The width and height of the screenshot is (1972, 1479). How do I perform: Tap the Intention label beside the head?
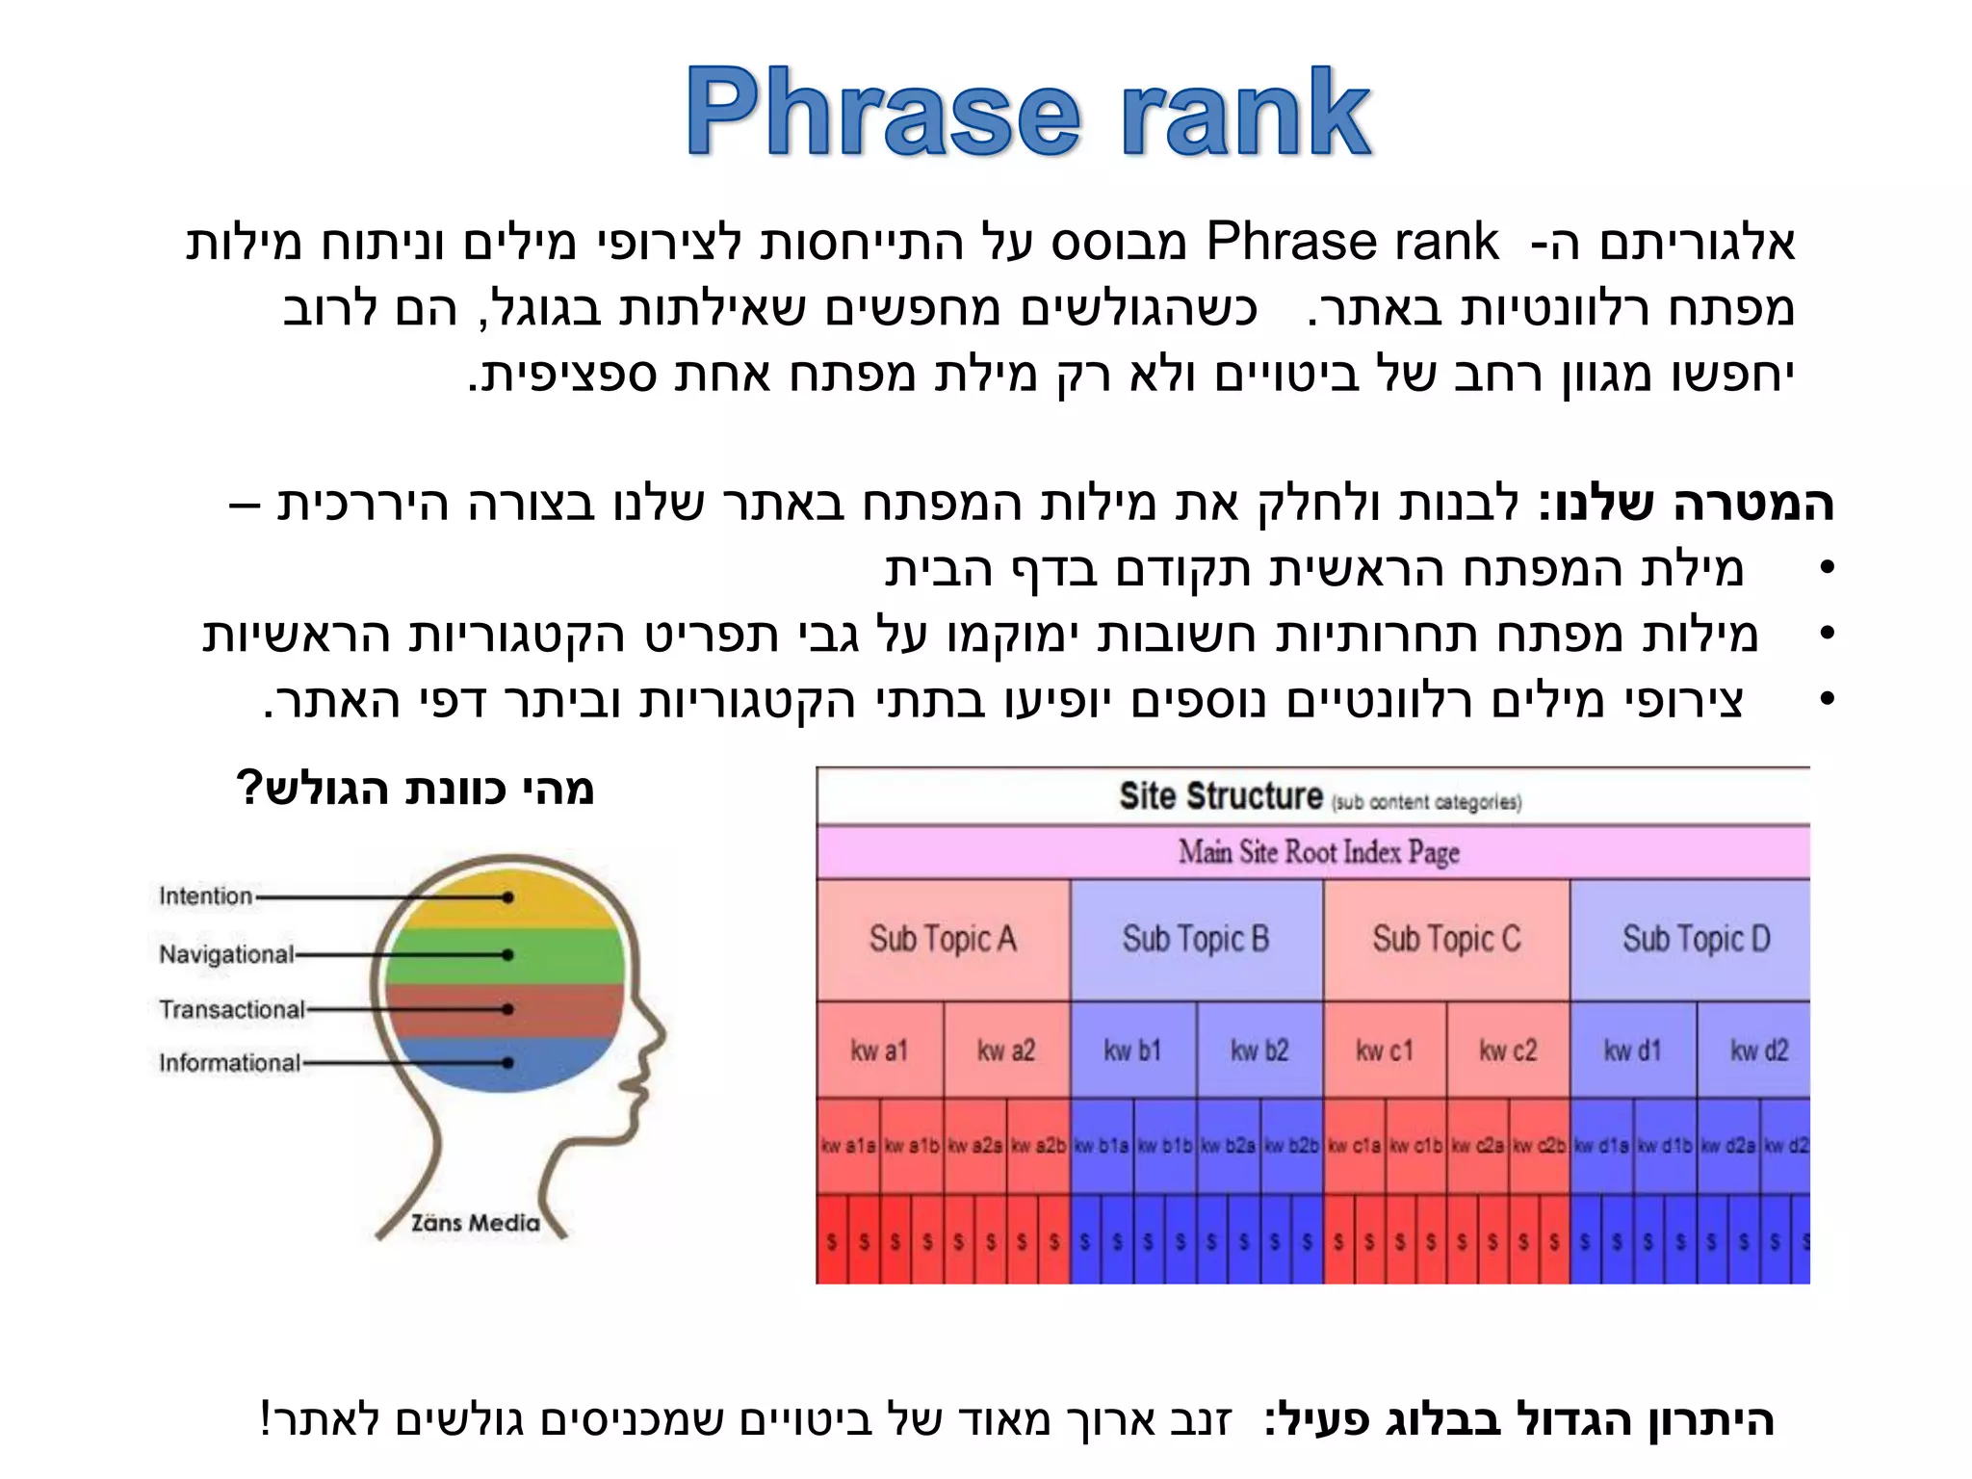(205, 896)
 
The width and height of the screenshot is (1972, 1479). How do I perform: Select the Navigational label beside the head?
(226, 954)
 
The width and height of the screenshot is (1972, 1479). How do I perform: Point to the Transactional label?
(231, 1009)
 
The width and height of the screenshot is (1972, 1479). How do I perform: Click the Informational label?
(229, 1063)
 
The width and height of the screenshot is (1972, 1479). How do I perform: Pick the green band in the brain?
(506, 955)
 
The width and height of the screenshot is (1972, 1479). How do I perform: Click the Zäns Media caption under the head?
(475, 1223)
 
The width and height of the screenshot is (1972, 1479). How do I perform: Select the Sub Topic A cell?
(943, 939)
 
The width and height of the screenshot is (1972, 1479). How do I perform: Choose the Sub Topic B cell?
(1196, 939)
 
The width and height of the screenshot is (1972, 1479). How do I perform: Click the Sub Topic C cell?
(1446, 939)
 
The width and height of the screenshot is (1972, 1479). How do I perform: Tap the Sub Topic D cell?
(1696, 939)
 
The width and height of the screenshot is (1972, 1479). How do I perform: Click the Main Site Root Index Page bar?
(1318, 852)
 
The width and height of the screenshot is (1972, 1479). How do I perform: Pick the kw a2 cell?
(1006, 1051)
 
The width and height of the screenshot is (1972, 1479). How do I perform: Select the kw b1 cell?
(1132, 1051)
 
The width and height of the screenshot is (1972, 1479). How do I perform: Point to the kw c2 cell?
(1508, 1051)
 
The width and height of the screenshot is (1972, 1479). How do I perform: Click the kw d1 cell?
(1632, 1051)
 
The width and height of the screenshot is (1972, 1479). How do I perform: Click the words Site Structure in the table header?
(1221, 797)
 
